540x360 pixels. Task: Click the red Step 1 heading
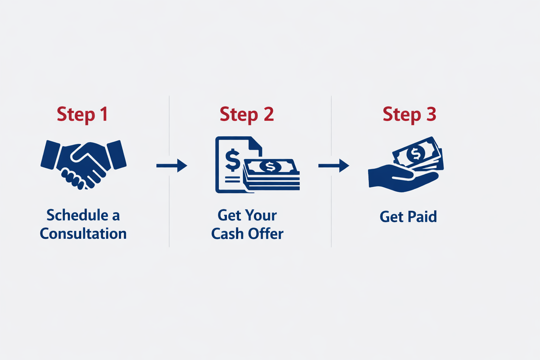pyautogui.click(x=82, y=114)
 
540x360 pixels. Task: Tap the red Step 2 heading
pyautogui.click(x=246, y=114)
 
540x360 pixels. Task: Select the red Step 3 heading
pyautogui.click(x=409, y=114)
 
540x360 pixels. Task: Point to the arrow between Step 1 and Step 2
pyautogui.click(x=172, y=165)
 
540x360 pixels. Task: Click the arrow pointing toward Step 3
pyautogui.click(x=334, y=165)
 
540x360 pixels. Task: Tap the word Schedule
pyautogui.click(x=77, y=215)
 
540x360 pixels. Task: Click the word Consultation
pyautogui.click(x=83, y=234)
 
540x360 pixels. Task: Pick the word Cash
pyautogui.click(x=227, y=234)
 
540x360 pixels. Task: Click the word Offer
pyautogui.click(x=266, y=234)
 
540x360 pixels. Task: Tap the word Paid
pyautogui.click(x=423, y=217)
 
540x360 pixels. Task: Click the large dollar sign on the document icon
pyautogui.click(x=232, y=160)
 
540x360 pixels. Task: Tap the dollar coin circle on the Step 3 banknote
pyautogui.click(x=416, y=154)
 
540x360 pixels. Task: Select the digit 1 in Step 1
pyautogui.click(x=104, y=114)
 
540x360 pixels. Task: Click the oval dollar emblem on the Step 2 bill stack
pyautogui.click(x=270, y=166)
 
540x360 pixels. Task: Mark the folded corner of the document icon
pyautogui.click(x=256, y=144)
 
